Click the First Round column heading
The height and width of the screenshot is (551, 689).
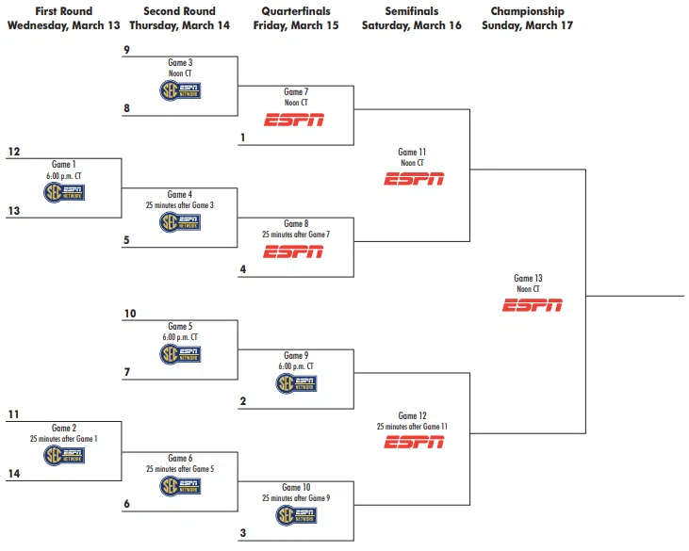click(x=64, y=12)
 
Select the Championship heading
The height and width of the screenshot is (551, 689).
click(x=527, y=12)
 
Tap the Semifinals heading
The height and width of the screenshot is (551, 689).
click(x=412, y=12)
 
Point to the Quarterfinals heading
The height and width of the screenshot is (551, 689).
click(x=295, y=12)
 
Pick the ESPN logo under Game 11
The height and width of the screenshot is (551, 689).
click(x=413, y=179)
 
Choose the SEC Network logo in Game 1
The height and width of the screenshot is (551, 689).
click(x=64, y=192)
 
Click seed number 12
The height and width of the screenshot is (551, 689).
click(x=13, y=151)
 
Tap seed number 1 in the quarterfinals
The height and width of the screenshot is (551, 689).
click(x=243, y=138)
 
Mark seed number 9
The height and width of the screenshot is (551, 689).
click(x=127, y=49)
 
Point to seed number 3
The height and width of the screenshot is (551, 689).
click(x=243, y=533)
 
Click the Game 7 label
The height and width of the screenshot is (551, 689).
click(x=296, y=92)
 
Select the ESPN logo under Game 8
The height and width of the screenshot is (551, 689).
click(x=294, y=251)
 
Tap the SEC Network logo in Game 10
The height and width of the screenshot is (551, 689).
click(x=296, y=515)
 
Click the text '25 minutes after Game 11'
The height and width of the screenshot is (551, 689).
click(x=413, y=427)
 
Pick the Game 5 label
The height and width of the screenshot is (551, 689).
click(x=179, y=326)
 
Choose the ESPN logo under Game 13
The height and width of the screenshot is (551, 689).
click(x=532, y=304)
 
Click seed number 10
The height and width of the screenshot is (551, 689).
click(x=130, y=314)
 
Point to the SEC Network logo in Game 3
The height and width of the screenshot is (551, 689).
click(x=180, y=90)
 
